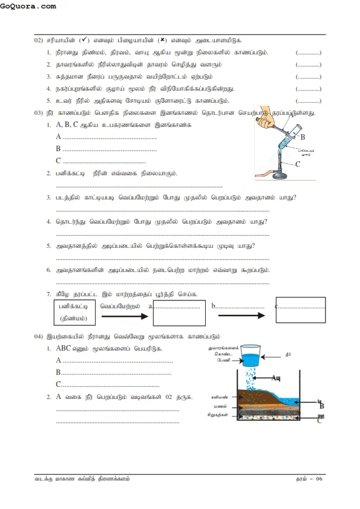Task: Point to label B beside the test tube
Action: click(303, 137)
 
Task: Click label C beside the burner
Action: click(298, 164)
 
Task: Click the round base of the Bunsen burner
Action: click(280, 177)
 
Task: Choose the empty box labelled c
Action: click(300, 311)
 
